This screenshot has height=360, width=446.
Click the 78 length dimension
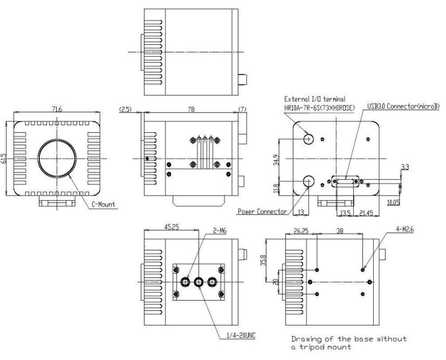click(191, 109)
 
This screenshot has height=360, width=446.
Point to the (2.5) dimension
click(124, 110)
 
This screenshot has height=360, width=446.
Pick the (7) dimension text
click(243, 110)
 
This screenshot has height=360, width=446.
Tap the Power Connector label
click(261, 211)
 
